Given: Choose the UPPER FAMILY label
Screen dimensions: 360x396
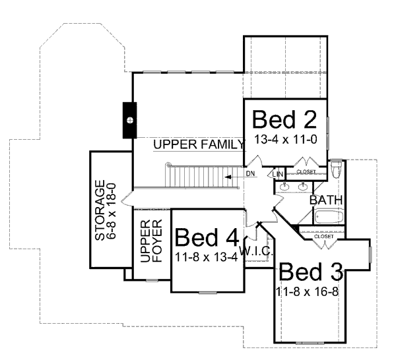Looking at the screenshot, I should [195, 144].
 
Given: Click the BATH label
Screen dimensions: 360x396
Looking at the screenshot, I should [325, 200].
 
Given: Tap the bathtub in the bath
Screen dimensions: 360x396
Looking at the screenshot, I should [328, 216].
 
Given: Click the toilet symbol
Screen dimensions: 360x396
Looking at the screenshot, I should [335, 169].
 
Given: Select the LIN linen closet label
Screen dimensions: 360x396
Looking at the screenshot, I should [278, 173].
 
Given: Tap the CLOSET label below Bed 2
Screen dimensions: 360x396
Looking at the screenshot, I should [306, 172].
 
